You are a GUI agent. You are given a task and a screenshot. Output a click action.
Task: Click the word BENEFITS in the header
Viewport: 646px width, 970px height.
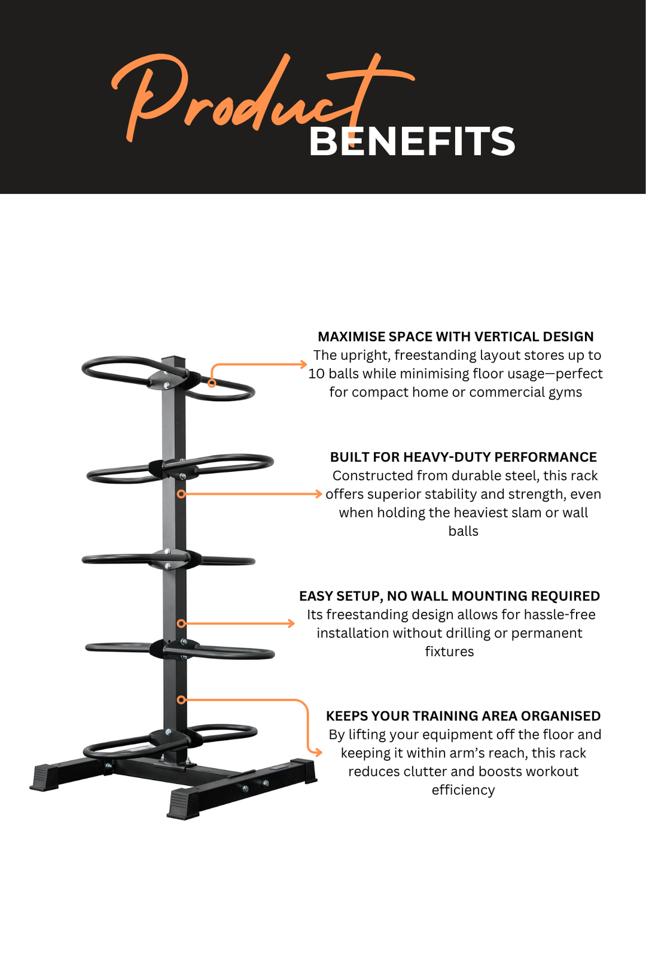[x=412, y=142]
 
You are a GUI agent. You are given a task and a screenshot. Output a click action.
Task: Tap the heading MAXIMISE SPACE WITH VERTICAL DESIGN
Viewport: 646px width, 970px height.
[x=456, y=337]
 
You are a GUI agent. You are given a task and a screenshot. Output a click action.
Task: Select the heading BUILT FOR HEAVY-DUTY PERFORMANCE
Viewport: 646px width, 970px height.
[x=463, y=457]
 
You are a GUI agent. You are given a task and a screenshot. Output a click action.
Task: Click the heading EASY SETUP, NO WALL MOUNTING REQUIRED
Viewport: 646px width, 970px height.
[x=449, y=596]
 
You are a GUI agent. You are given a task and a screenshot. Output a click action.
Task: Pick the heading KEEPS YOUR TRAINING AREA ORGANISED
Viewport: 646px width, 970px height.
[x=463, y=716]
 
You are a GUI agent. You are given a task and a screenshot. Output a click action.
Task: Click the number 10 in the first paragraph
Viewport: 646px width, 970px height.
[x=316, y=374]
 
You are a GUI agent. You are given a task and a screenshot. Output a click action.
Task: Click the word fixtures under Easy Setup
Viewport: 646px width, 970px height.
[x=449, y=651]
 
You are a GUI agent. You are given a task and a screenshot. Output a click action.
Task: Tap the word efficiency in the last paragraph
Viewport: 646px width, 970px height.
[x=463, y=790]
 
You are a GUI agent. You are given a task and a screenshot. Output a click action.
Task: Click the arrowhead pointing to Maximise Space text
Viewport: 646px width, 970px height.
[x=304, y=363]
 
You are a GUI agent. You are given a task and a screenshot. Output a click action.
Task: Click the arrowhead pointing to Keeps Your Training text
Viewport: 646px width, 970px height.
[x=318, y=753]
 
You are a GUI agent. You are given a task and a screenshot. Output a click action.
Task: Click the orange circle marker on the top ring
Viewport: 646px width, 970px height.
[x=212, y=383]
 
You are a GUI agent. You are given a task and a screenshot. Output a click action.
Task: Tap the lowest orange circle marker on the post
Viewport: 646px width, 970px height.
[x=181, y=699]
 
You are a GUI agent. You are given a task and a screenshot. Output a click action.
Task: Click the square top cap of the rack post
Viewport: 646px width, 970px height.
[x=173, y=357]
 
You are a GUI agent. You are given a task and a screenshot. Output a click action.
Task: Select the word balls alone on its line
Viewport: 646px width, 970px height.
[x=463, y=531]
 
